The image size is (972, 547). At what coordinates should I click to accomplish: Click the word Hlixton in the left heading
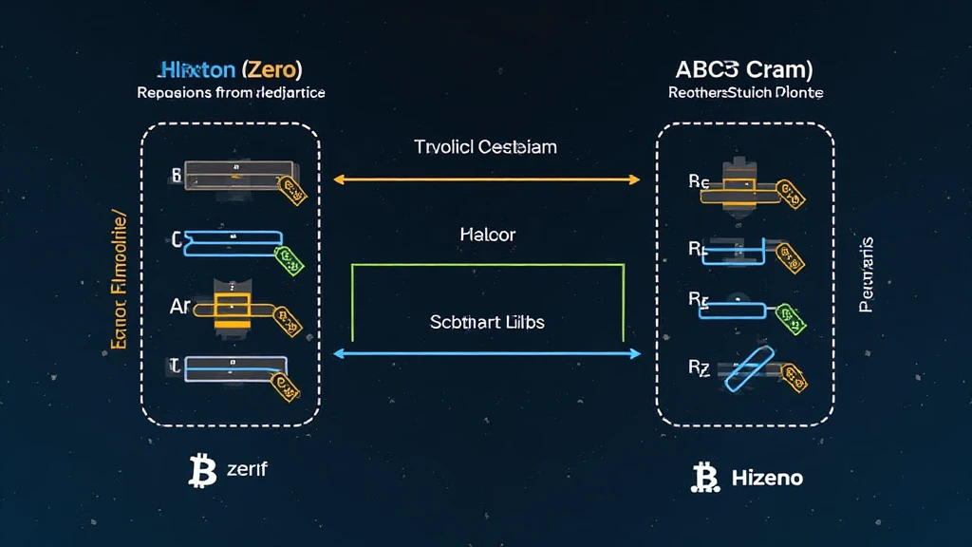click(198, 69)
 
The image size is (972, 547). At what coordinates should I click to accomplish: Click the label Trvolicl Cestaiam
click(485, 147)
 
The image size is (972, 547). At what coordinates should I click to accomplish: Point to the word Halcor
click(487, 234)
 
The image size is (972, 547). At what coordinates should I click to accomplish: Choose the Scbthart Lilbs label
click(487, 322)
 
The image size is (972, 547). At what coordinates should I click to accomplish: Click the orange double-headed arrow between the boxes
click(487, 179)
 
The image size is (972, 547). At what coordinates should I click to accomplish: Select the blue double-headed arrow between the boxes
click(487, 353)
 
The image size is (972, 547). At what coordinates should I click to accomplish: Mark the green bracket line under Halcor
click(487, 266)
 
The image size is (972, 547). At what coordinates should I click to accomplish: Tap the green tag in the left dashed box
click(284, 255)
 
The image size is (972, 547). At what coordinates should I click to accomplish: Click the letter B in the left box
click(175, 175)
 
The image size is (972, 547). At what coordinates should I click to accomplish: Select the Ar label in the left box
click(180, 307)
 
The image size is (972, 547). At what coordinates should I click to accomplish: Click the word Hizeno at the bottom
click(767, 478)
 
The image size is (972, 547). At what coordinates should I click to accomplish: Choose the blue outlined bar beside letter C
click(233, 243)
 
